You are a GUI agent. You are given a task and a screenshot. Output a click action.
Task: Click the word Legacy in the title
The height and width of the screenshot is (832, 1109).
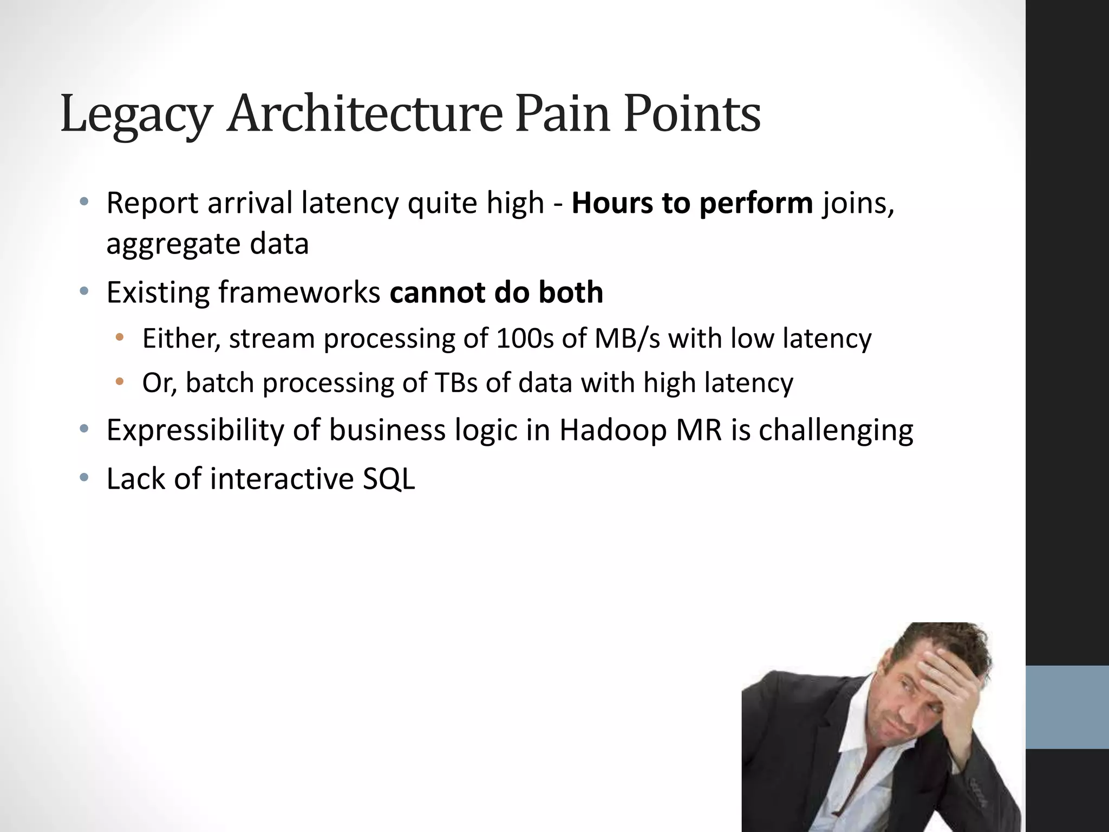tap(135, 115)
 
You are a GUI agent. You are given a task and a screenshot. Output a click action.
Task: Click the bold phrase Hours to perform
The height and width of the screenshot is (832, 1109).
tap(692, 203)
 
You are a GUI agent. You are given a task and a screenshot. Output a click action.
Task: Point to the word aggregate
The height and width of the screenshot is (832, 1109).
tap(172, 245)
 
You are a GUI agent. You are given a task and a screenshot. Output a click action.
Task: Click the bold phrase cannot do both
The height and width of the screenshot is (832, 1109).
tap(496, 292)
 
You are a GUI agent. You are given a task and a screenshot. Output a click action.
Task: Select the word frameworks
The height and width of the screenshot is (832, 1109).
tap(299, 292)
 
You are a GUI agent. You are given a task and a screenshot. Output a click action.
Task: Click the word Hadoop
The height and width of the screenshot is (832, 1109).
tap(612, 431)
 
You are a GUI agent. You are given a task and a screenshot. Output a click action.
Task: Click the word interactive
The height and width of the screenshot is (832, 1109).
tap(282, 479)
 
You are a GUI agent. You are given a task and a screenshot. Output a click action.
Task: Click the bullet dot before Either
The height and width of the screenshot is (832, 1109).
tap(120, 337)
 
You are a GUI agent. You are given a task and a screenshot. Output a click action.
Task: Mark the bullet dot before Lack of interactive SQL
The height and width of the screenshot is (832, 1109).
tap(83, 478)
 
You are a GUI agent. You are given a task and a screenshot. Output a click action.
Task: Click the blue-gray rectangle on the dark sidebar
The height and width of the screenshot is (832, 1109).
tap(1067, 707)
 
